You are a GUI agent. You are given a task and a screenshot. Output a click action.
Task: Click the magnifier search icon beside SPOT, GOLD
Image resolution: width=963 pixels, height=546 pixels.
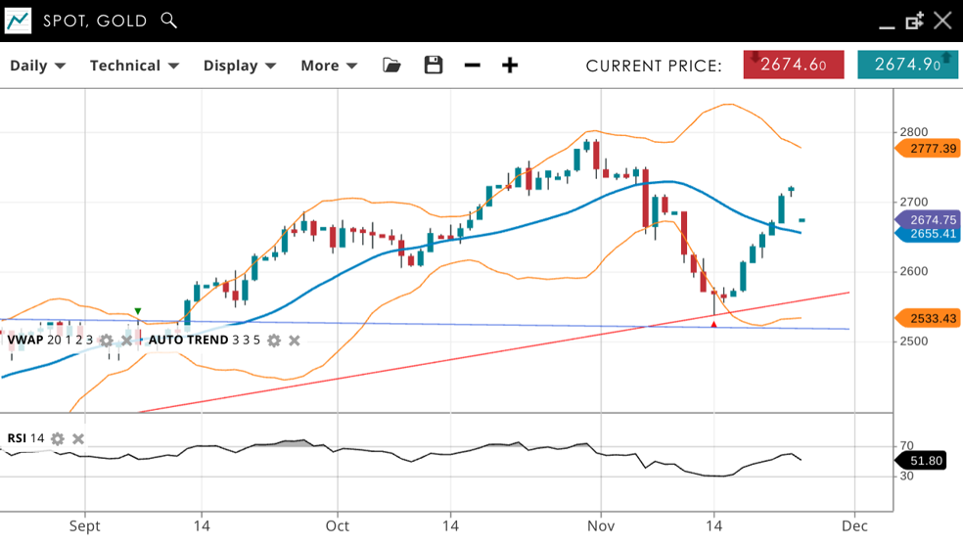(x=169, y=21)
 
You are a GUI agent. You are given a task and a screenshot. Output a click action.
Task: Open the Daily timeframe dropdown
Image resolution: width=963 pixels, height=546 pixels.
(x=37, y=66)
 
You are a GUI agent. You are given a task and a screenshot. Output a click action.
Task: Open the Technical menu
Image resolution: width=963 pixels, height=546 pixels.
(x=134, y=66)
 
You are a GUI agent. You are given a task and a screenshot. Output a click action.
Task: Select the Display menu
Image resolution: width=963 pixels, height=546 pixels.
(x=240, y=66)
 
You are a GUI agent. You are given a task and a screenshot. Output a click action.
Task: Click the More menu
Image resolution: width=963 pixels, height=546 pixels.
(x=329, y=66)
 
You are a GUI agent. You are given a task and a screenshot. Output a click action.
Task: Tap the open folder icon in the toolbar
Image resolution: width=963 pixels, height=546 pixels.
(x=391, y=66)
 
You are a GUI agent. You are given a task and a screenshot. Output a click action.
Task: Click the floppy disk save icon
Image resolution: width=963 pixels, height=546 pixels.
(x=434, y=66)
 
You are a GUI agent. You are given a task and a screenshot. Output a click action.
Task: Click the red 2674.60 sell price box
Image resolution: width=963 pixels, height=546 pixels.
(x=794, y=65)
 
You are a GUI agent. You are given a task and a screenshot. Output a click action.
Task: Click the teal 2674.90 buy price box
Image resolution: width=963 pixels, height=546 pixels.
(x=907, y=65)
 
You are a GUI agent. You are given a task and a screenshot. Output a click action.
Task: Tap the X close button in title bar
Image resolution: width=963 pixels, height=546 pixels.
(x=942, y=21)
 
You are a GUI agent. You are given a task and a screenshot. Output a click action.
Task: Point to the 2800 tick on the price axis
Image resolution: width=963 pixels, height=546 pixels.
(x=913, y=132)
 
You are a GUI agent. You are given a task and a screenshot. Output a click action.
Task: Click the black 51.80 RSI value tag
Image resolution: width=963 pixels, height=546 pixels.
(x=925, y=461)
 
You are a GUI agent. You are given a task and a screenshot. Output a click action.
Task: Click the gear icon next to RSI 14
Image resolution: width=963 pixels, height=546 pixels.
(x=58, y=438)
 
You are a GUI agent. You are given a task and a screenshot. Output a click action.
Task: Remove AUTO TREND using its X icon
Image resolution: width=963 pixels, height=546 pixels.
(x=295, y=341)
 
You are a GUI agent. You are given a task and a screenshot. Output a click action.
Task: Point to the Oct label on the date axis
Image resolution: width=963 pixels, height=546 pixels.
(x=338, y=526)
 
